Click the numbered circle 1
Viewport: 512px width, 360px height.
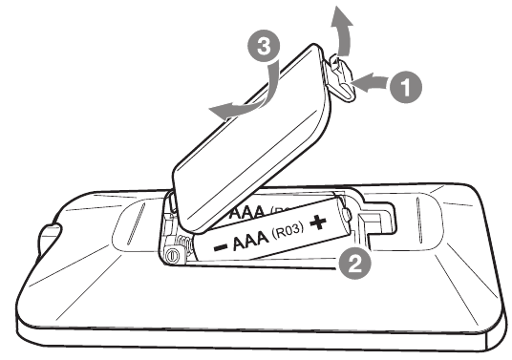407,87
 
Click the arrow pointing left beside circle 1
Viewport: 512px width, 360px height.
374,85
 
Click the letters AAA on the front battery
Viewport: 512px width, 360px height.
248,240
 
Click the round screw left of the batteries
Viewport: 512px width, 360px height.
173,256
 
